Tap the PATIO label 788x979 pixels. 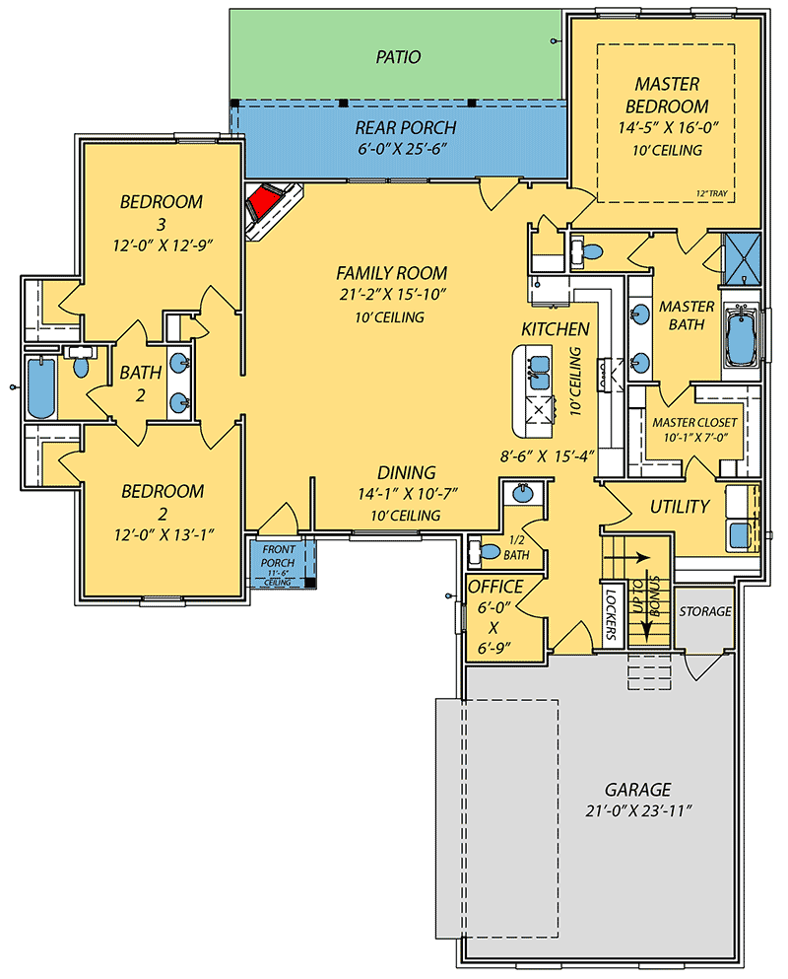[x=398, y=57]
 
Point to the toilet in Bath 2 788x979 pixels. [x=81, y=364]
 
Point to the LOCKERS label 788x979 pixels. [x=611, y=613]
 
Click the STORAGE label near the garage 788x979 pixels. [x=705, y=611]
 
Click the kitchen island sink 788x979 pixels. [x=538, y=372]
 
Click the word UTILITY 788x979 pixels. [x=680, y=507]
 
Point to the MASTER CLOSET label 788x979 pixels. [x=694, y=422]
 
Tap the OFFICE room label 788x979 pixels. [x=494, y=588]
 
